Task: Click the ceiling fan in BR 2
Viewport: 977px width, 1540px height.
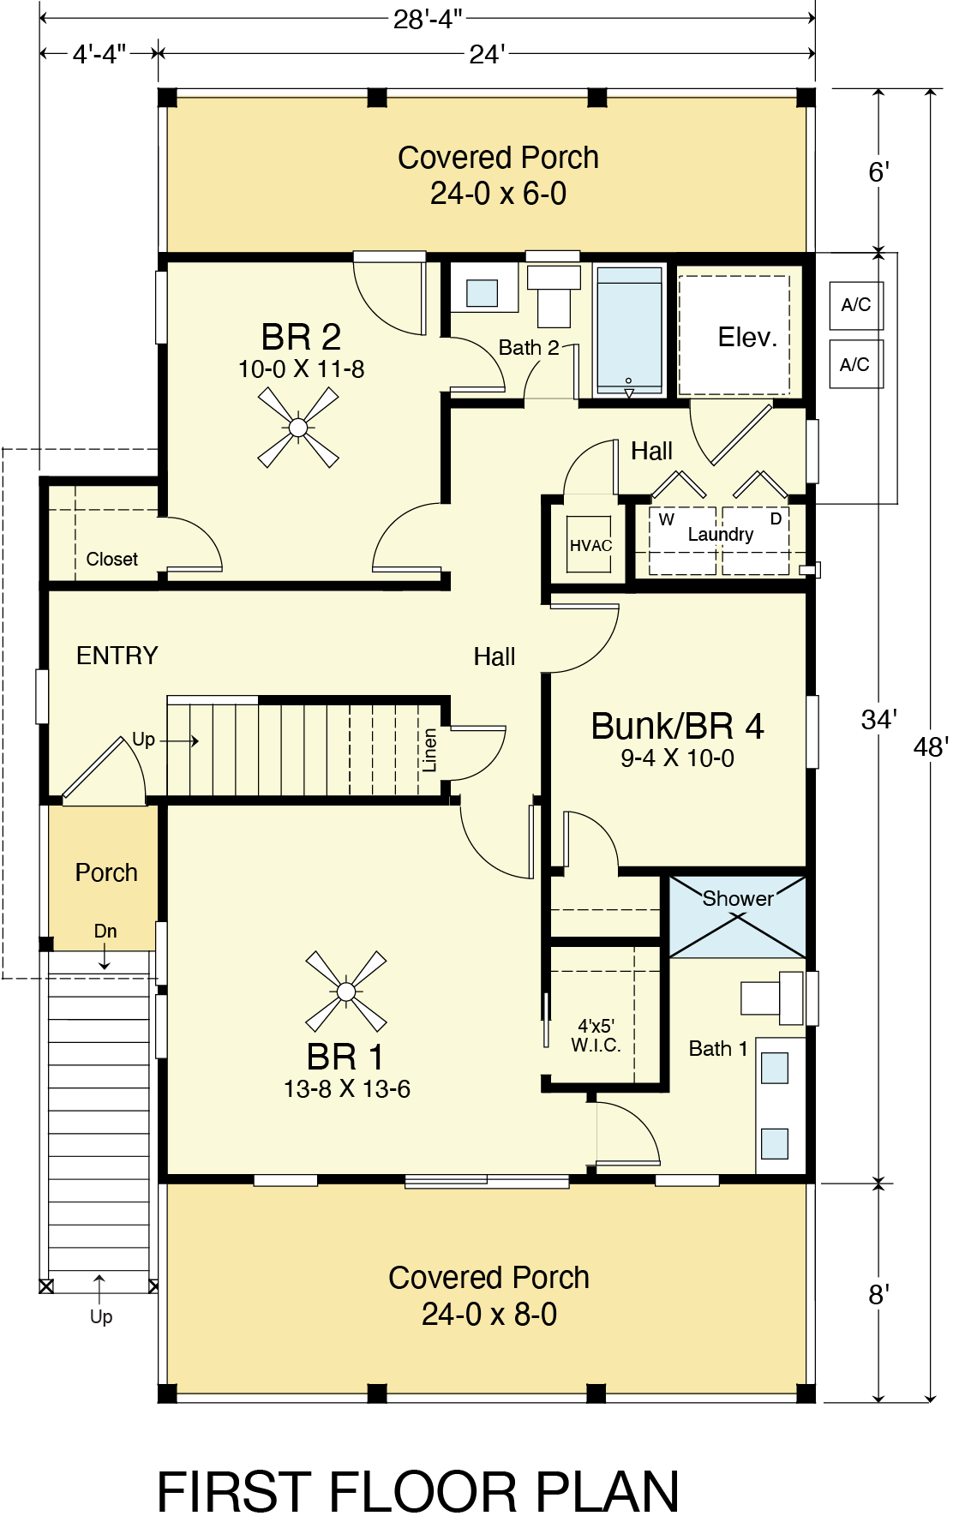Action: point(298,427)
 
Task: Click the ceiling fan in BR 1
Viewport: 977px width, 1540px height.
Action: point(346,992)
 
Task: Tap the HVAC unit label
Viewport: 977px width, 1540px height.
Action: point(590,546)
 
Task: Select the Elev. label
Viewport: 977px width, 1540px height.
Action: point(747,338)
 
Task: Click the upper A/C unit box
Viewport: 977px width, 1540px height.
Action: point(855,305)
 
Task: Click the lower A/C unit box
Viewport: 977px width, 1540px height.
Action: point(855,364)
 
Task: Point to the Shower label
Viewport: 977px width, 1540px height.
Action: point(738,898)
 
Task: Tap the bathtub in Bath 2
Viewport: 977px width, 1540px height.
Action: point(630,329)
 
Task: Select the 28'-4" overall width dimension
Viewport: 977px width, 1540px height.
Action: point(428,18)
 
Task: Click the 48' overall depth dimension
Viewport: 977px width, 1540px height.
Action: point(931,746)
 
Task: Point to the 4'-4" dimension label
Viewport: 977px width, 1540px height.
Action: point(99,54)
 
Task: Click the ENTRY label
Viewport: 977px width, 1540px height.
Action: point(117,656)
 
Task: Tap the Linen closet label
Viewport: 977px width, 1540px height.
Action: point(430,751)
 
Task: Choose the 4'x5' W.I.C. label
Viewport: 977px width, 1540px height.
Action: point(596,1035)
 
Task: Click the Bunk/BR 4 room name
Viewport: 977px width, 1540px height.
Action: point(677,726)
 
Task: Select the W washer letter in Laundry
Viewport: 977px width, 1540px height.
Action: point(667,519)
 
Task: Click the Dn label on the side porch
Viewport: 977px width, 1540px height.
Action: point(105,931)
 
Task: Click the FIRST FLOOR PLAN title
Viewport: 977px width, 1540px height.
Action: point(418,1492)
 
